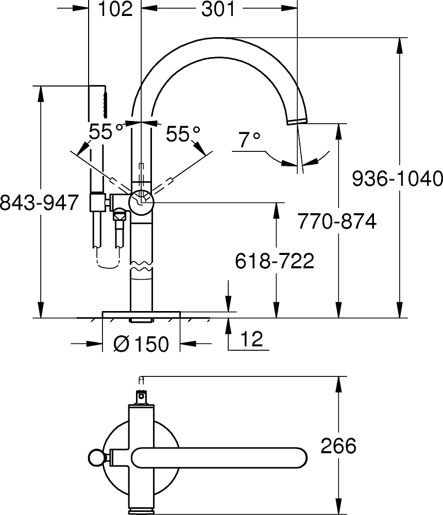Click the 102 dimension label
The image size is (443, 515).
pos(115,9)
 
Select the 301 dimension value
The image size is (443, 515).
pos(218,9)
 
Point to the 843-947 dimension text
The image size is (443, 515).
pos(39,202)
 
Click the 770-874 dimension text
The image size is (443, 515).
pos(337,221)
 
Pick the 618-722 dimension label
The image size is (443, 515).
pos(275,261)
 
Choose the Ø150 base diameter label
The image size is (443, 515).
pos(141,344)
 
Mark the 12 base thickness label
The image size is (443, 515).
pos(252,339)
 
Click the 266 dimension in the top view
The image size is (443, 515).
pos(338,445)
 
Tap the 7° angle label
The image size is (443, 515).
pos(249,140)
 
